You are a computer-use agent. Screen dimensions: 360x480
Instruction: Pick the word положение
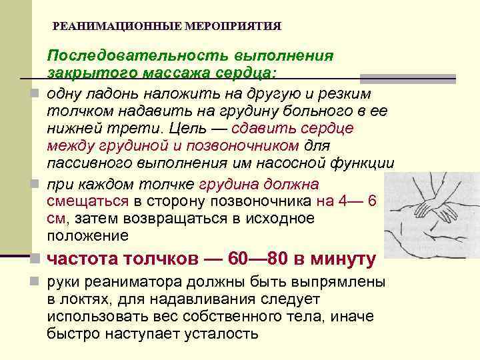[x=87, y=235]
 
